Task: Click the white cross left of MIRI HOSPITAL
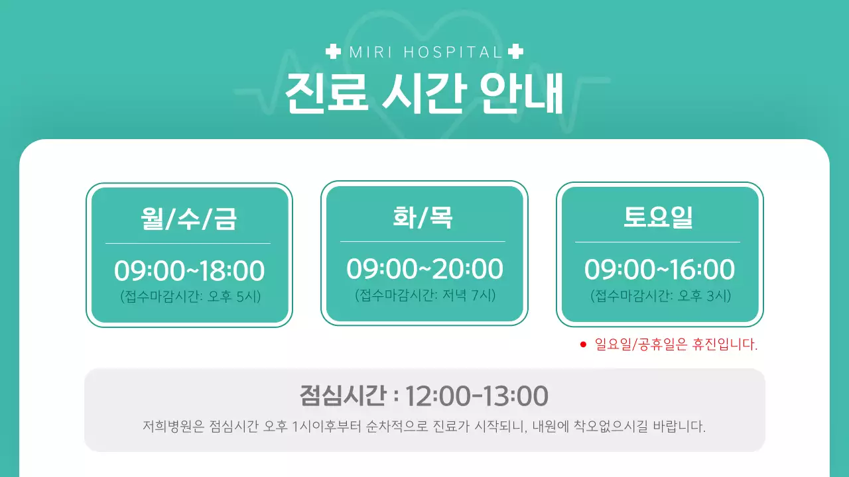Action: (x=334, y=51)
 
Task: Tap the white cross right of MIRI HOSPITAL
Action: (x=515, y=51)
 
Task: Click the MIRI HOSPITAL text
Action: (x=424, y=52)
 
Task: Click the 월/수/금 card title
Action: (x=188, y=218)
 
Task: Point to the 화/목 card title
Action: (x=423, y=217)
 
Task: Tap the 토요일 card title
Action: (x=659, y=217)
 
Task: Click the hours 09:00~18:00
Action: (x=189, y=271)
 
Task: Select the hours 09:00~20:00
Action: (x=424, y=269)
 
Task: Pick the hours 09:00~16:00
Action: (x=659, y=270)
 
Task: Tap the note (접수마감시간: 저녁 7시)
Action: (x=425, y=295)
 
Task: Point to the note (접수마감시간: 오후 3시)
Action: (x=661, y=296)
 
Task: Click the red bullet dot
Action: (x=583, y=344)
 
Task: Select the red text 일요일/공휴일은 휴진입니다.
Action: (x=676, y=344)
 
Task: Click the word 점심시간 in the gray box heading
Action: (x=342, y=396)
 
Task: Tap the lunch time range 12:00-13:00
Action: (x=476, y=396)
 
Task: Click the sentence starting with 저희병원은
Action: (x=424, y=425)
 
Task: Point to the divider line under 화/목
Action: (x=423, y=242)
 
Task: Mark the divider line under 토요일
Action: (x=658, y=242)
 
